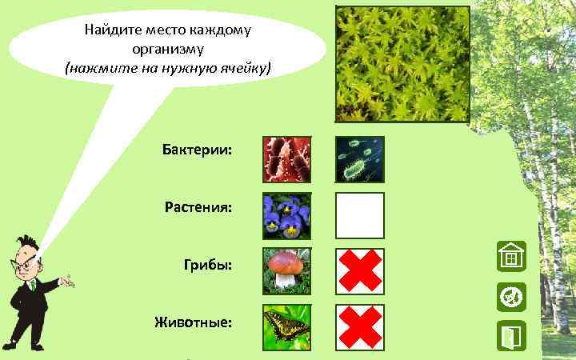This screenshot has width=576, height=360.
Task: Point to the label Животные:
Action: (x=194, y=322)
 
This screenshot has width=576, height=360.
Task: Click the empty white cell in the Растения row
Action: (x=360, y=215)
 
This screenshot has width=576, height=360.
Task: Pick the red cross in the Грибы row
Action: (x=360, y=271)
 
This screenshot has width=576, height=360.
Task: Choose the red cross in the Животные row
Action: (x=360, y=327)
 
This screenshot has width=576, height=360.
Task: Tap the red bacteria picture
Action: (x=287, y=159)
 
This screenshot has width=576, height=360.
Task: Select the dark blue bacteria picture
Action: (x=360, y=159)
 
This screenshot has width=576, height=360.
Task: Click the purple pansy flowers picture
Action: (x=287, y=215)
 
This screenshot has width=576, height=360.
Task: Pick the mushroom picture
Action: (x=287, y=271)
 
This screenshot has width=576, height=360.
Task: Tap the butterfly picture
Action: (x=287, y=327)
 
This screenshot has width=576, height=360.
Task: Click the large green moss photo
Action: (x=402, y=65)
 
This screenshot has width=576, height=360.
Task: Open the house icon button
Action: (x=510, y=258)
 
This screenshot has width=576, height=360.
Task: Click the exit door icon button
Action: (x=510, y=337)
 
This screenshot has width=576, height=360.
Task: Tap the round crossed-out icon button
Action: (x=510, y=297)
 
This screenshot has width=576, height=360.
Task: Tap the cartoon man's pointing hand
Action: (x=69, y=281)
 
